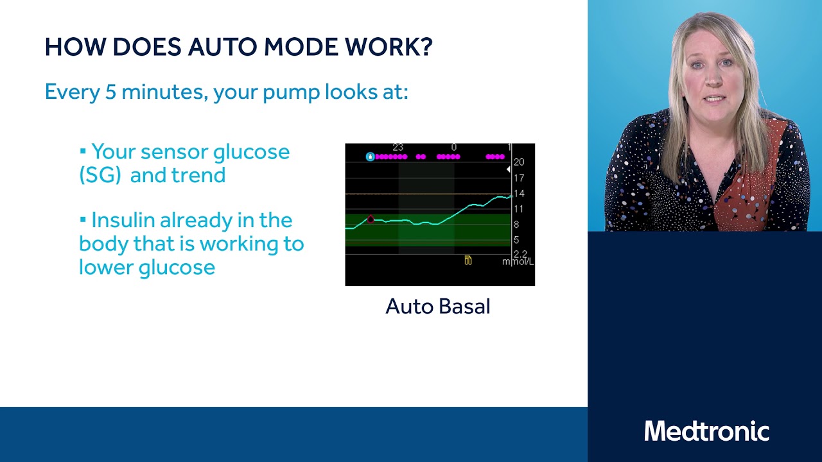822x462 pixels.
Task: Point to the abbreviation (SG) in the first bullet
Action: (x=100, y=175)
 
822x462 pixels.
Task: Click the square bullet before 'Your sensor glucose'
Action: (x=83, y=152)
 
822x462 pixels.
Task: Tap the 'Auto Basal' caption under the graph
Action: (x=438, y=307)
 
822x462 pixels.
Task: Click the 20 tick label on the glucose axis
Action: (x=519, y=162)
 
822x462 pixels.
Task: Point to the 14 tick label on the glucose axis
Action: (x=519, y=193)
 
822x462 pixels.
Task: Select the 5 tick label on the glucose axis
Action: (x=516, y=240)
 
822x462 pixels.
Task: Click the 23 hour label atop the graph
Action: (x=398, y=148)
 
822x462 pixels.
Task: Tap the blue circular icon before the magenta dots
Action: (x=370, y=157)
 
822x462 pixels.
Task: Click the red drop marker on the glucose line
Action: (x=371, y=219)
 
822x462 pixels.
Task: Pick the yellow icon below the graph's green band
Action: (x=468, y=260)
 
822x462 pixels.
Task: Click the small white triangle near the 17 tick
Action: (x=509, y=169)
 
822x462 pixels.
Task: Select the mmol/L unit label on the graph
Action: (x=518, y=262)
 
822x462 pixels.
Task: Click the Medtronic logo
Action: (x=706, y=431)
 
